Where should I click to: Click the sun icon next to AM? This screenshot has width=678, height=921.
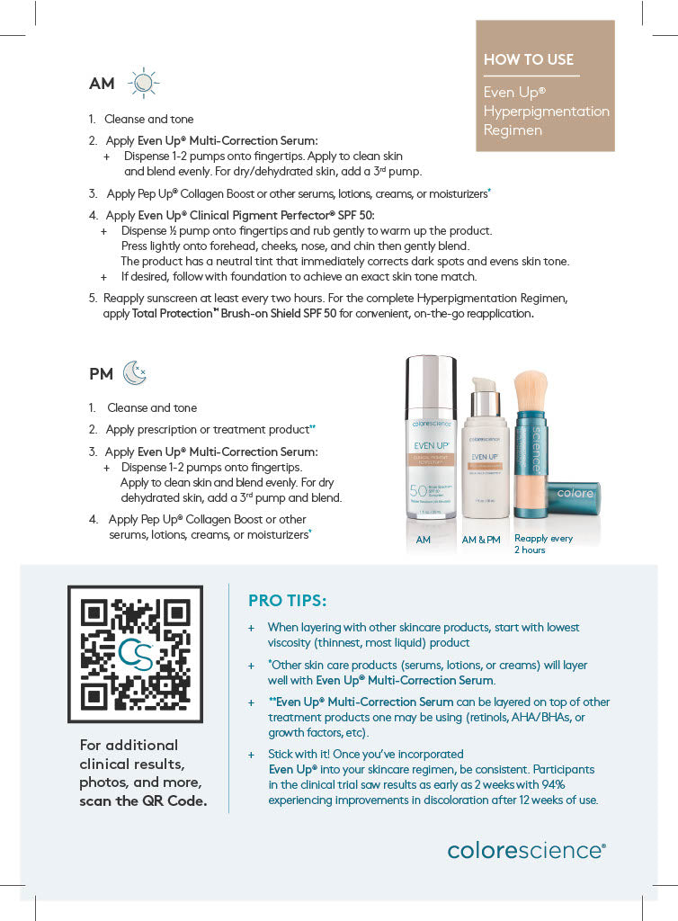click(x=143, y=83)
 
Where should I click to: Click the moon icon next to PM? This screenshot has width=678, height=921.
click(x=134, y=372)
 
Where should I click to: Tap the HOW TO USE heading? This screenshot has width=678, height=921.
click(x=528, y=59)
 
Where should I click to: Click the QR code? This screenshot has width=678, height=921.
click(x=135, y=654)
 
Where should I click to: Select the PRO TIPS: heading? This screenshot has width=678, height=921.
click(x=287, y=600)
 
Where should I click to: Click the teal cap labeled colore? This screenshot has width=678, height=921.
click(x=576, y=494)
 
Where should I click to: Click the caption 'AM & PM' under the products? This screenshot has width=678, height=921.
click(x=481, y=540)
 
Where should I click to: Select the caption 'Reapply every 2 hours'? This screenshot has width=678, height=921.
click(x=542, y=544)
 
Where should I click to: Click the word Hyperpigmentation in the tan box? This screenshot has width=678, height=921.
click(x=546, y=112)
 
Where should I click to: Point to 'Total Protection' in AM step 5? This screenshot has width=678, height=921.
click(x=174, y=314)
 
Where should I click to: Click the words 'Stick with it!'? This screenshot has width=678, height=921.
click(x=302, y=755)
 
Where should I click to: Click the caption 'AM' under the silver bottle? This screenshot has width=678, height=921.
click(x=423, y=540)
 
